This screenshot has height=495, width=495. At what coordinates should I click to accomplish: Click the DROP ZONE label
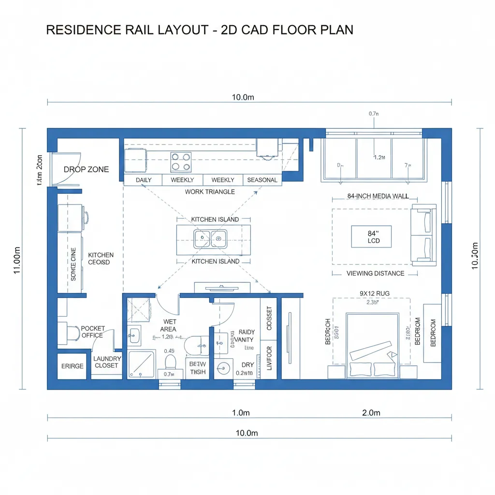(86, 170)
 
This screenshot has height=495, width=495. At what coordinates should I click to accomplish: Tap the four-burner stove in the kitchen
(181, 162)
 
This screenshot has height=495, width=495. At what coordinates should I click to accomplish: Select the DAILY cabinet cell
(144, 180)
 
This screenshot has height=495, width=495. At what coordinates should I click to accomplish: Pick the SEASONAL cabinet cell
(262, 180)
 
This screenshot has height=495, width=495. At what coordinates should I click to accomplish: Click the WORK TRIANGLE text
(210, 192)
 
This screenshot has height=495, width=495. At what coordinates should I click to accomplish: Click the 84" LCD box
(371, 236)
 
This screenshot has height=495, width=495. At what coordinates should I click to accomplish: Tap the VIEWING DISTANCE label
(375, 274)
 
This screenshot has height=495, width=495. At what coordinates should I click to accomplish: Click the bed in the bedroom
(372, 343)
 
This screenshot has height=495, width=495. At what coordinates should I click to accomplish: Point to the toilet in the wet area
(170, 362)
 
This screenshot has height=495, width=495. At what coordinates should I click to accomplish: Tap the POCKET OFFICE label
(92, 332)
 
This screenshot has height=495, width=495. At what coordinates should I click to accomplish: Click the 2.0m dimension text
(371, 413)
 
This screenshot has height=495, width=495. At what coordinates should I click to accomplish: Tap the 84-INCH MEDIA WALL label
(375, 196)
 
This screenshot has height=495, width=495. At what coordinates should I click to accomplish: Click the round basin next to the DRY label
(223, 368)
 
